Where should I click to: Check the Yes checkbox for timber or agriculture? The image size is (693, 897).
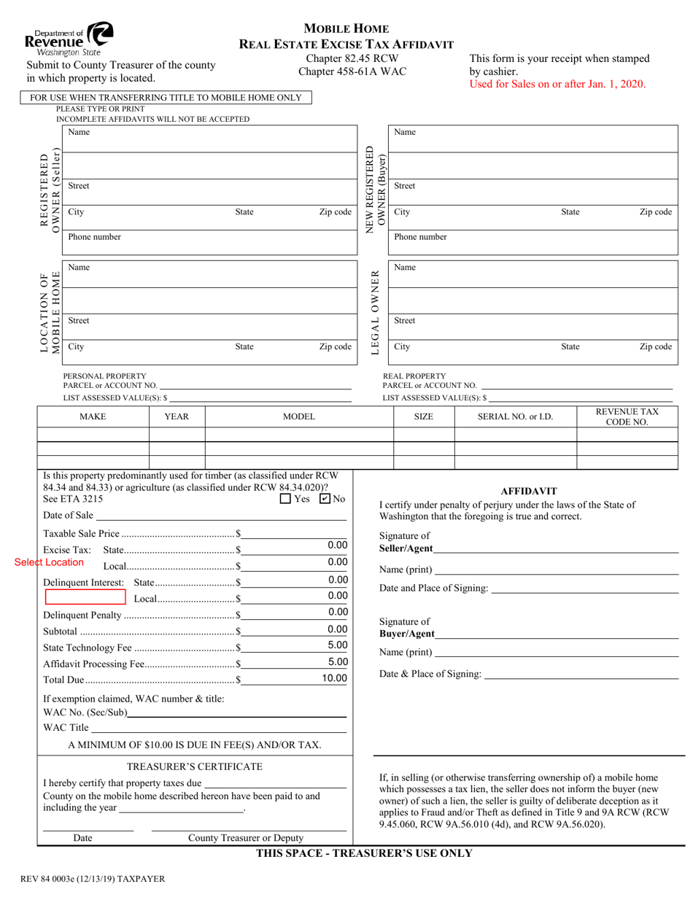(285, 500)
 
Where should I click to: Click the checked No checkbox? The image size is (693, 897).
(325, 500)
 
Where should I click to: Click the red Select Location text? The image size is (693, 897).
(49, 562)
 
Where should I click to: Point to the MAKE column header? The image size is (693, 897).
(93, 416)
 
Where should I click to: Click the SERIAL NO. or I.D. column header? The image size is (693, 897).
(515, 416)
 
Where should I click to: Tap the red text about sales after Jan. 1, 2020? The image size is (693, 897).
(557, 84)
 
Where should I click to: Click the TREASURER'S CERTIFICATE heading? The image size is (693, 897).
(195, 766)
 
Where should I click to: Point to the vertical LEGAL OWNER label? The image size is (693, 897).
(375, 313)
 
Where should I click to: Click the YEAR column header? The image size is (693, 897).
(177, 416)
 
